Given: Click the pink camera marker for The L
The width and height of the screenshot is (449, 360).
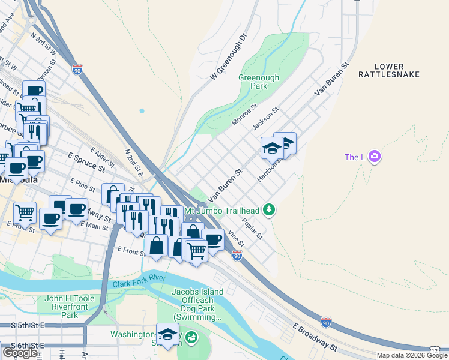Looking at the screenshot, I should [375, 157].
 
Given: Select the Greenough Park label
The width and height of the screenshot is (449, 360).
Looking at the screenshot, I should [259, 82].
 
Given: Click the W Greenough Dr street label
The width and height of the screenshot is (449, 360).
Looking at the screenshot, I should [229, 57].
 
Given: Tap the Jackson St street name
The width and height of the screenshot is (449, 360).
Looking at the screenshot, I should [266, 119].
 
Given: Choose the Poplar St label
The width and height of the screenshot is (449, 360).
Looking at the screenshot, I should [252, 228].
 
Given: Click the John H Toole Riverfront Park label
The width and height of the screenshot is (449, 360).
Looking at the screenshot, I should [70, 307].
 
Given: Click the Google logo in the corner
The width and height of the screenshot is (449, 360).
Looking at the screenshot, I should [20, 353].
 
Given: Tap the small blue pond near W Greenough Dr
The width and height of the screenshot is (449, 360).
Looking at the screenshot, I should [142, 110].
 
